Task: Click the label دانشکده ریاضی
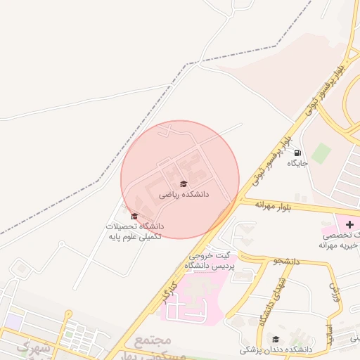[x=184, y=193]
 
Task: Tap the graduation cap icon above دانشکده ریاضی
[x=184, y=184]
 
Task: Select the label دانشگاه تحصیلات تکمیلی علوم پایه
[x=134, y=232]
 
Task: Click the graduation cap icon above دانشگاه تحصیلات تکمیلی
[x=134, y=217]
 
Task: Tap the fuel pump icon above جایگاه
[x=297, y=153]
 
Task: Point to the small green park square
[x=321, y=153]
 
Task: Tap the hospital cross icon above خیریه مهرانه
[x=350, y=224]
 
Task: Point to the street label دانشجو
[x=287, y=261]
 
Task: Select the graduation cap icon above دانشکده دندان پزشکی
[x=276, y=339]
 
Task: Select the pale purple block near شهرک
[x=11, y=321]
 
